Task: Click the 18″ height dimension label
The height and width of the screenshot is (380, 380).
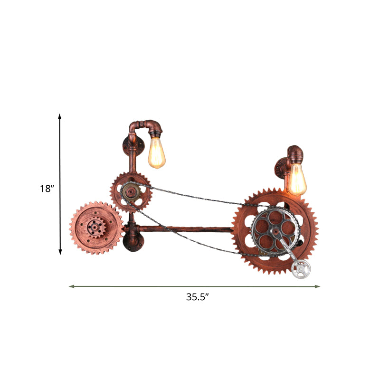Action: pyautogui.click(x=47, y=189)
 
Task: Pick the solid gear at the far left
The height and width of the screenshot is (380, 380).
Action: pyautogui.click(x=96, y=227)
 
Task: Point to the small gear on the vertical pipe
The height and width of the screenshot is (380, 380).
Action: pyautogui.click(x=131, y=192)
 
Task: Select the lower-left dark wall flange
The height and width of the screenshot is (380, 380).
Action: pyautogui.click(x=130, y=239)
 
